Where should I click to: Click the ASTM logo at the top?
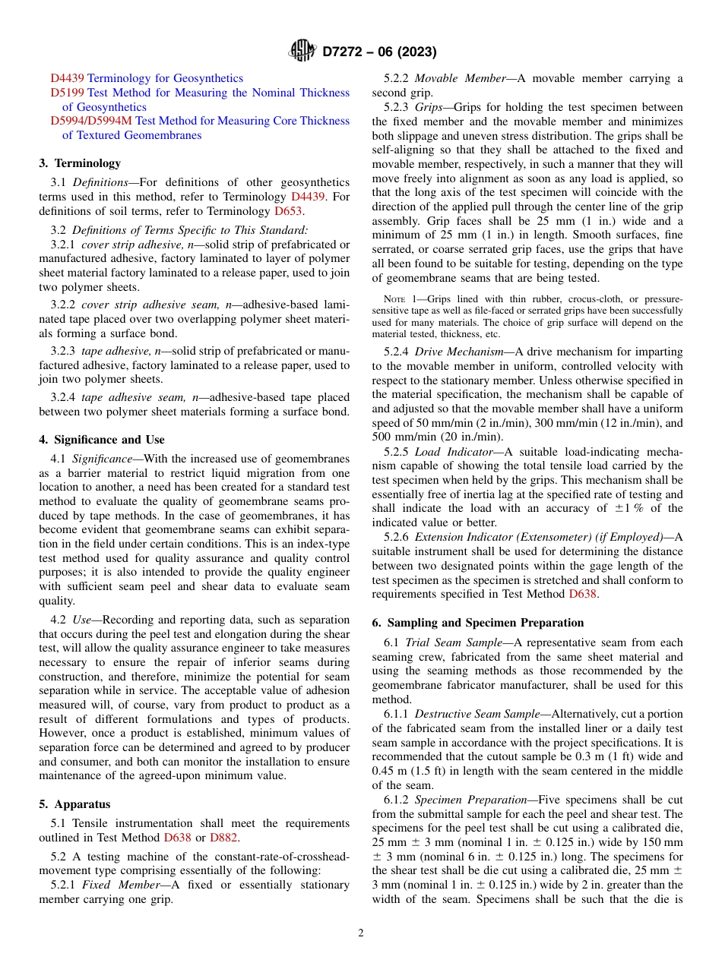(302, 52)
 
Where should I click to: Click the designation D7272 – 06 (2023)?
(379, 52)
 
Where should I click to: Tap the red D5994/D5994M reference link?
(90, 121)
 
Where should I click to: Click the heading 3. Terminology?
(80, 163)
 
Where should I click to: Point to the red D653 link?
(288, 211)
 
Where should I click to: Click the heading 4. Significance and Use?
(102, 440)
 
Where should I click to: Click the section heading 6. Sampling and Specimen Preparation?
(478, 623)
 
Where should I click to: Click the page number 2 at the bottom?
(361, 933)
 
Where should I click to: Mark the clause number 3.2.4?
(63, 397)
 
